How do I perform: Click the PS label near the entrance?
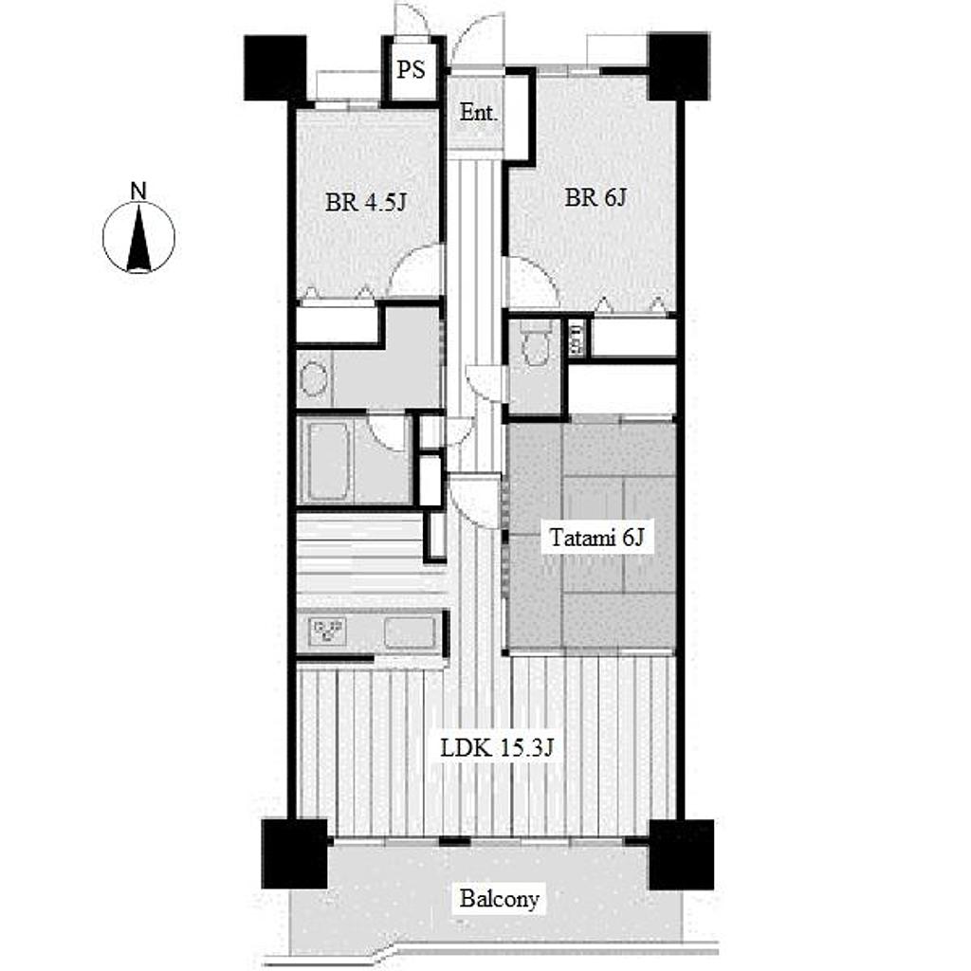tap(412, 69)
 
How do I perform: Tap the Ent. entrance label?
tap(479, 113)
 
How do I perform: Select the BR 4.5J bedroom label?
tap(365, 202)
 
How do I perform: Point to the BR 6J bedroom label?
tap(595, 197)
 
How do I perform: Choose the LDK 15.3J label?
tap(496, 749)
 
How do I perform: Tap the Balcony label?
tap(499, 899)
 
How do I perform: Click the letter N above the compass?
tap(138, 191)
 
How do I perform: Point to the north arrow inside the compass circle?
tap(138, 238)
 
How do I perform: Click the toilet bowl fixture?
tap(535, 342)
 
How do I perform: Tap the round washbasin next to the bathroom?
tap(314, 379)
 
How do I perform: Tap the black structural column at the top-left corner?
tap(275, 68)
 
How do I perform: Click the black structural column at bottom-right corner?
tap(681, 854)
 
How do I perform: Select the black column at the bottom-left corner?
tap(294, 854)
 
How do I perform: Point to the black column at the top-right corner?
tap(678, 66)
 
